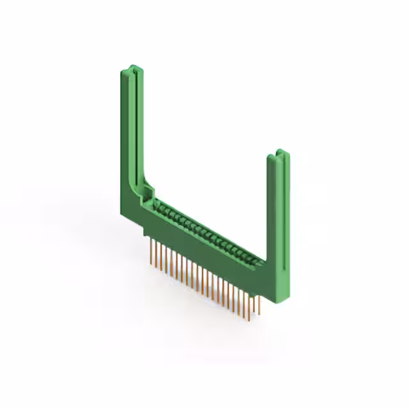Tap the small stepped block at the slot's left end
tap(150, 191)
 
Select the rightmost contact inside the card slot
tap(259, 259)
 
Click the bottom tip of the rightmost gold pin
tap(259, 314)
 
